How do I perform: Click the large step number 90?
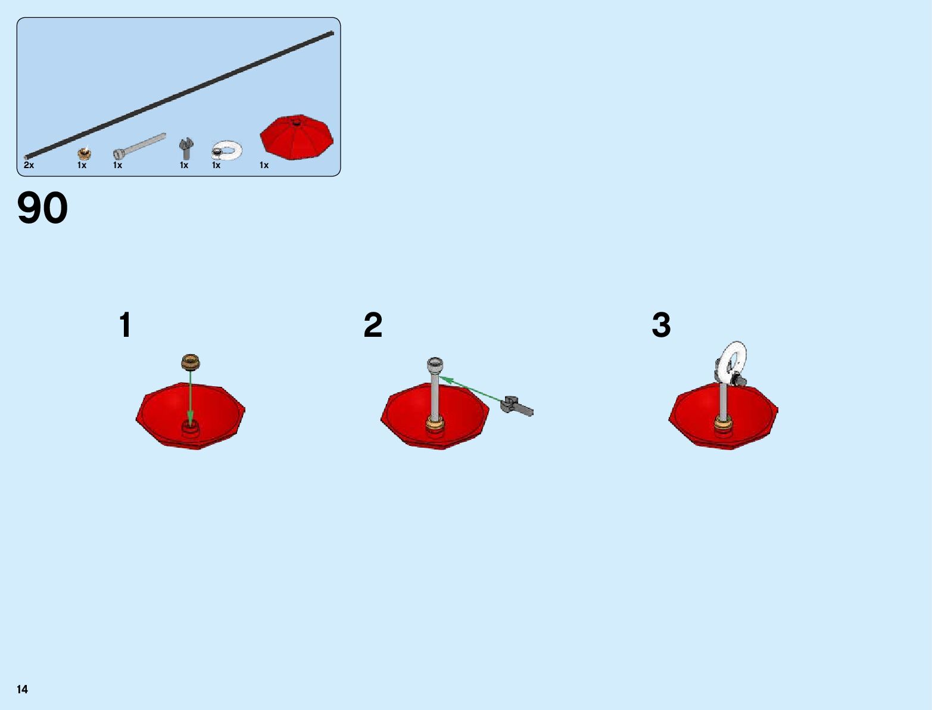(x=42, y=208)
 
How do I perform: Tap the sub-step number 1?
(x=125, y=325)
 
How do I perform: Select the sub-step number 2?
(x=373, y=325)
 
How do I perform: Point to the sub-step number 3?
(x=661, y=325)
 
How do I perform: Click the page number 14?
(x=23, y=689)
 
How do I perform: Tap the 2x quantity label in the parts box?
(x=29, y=165)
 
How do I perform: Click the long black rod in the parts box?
(x=179, y=95)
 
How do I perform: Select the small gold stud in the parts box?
(x=85, y=153)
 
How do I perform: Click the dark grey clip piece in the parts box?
(x=186, y=148)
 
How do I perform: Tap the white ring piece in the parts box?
(x=227, y=151)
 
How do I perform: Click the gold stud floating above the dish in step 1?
(x=191, y=361)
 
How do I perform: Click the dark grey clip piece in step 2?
(x=517, y=405)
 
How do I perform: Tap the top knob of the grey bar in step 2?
(x=435, y=364)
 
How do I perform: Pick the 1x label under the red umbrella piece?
(x=264, y=165)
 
